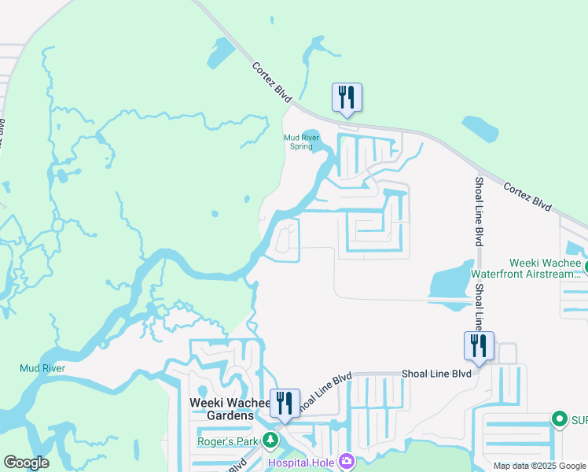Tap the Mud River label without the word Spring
coord(42,368)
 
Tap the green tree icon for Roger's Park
coord(270,440)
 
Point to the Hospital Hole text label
coord(300,462)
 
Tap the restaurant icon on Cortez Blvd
coord(347,98)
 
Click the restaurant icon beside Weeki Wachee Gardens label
coord(285,404)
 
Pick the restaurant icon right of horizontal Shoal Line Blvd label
coord(478,346)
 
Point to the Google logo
coord(26,463)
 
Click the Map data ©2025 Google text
coord(538,466)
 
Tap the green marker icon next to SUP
coord(559,419)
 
